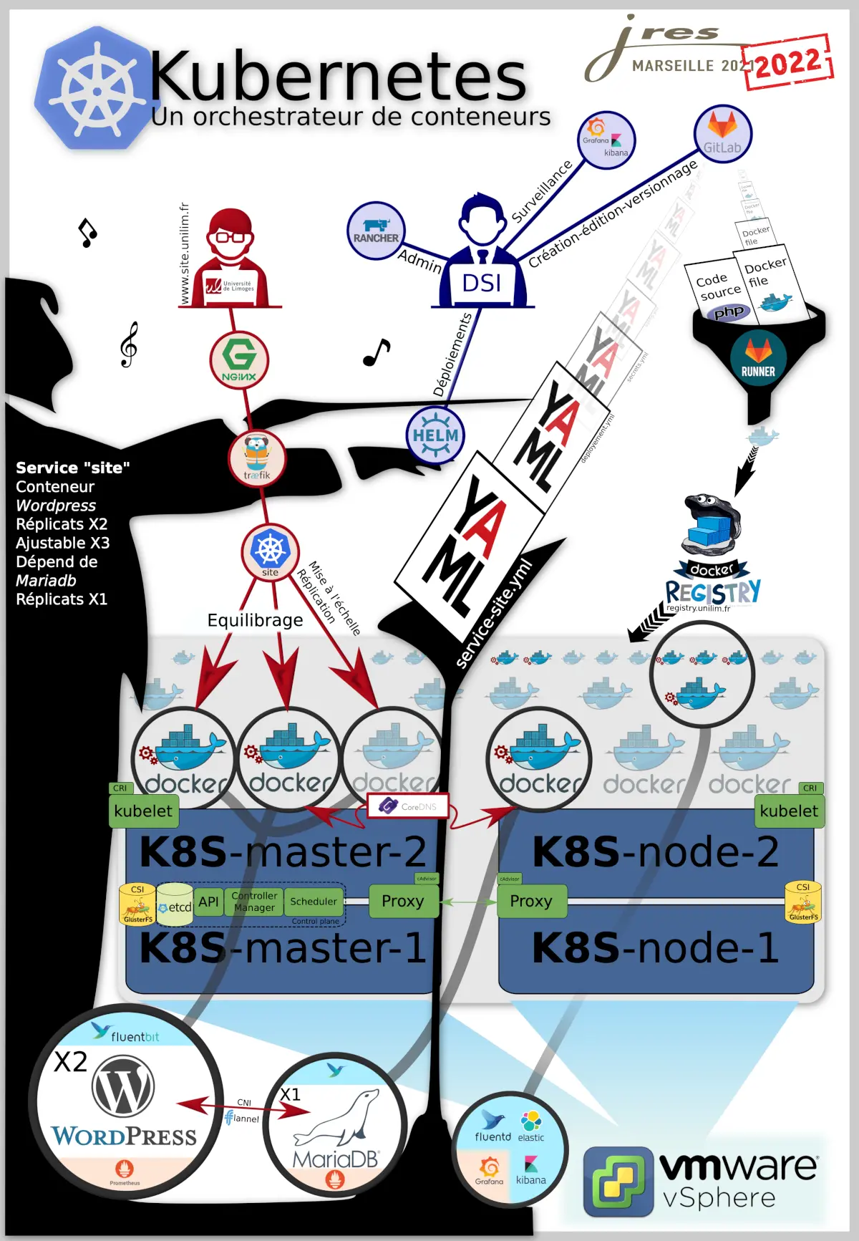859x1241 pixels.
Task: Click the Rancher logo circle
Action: [376, 231]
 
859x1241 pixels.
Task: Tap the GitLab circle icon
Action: [722, 134]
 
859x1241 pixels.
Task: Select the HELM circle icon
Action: [435, 435]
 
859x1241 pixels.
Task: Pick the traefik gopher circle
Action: [257, 458]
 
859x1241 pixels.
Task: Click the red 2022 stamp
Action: [788, 63]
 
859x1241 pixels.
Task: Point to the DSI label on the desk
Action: [482, 284]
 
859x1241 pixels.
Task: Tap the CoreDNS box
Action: [408, 806]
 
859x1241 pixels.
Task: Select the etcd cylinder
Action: [175, 903]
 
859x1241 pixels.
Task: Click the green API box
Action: [208, 902]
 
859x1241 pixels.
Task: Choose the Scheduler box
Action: [314, 902]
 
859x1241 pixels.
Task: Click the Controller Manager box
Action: [254, 902]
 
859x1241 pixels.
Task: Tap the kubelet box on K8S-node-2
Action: [789, 811]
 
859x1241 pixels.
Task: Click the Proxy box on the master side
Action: [403, 901]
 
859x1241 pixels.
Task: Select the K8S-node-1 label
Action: [655, 947]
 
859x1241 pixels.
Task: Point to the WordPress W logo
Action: [123, 1087]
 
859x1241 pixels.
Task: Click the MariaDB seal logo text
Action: [335, 1159]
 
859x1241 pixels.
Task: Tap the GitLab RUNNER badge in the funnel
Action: [758, 358]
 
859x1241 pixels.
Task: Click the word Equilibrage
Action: [255, 620]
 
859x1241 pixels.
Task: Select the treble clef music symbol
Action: [129, 344]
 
